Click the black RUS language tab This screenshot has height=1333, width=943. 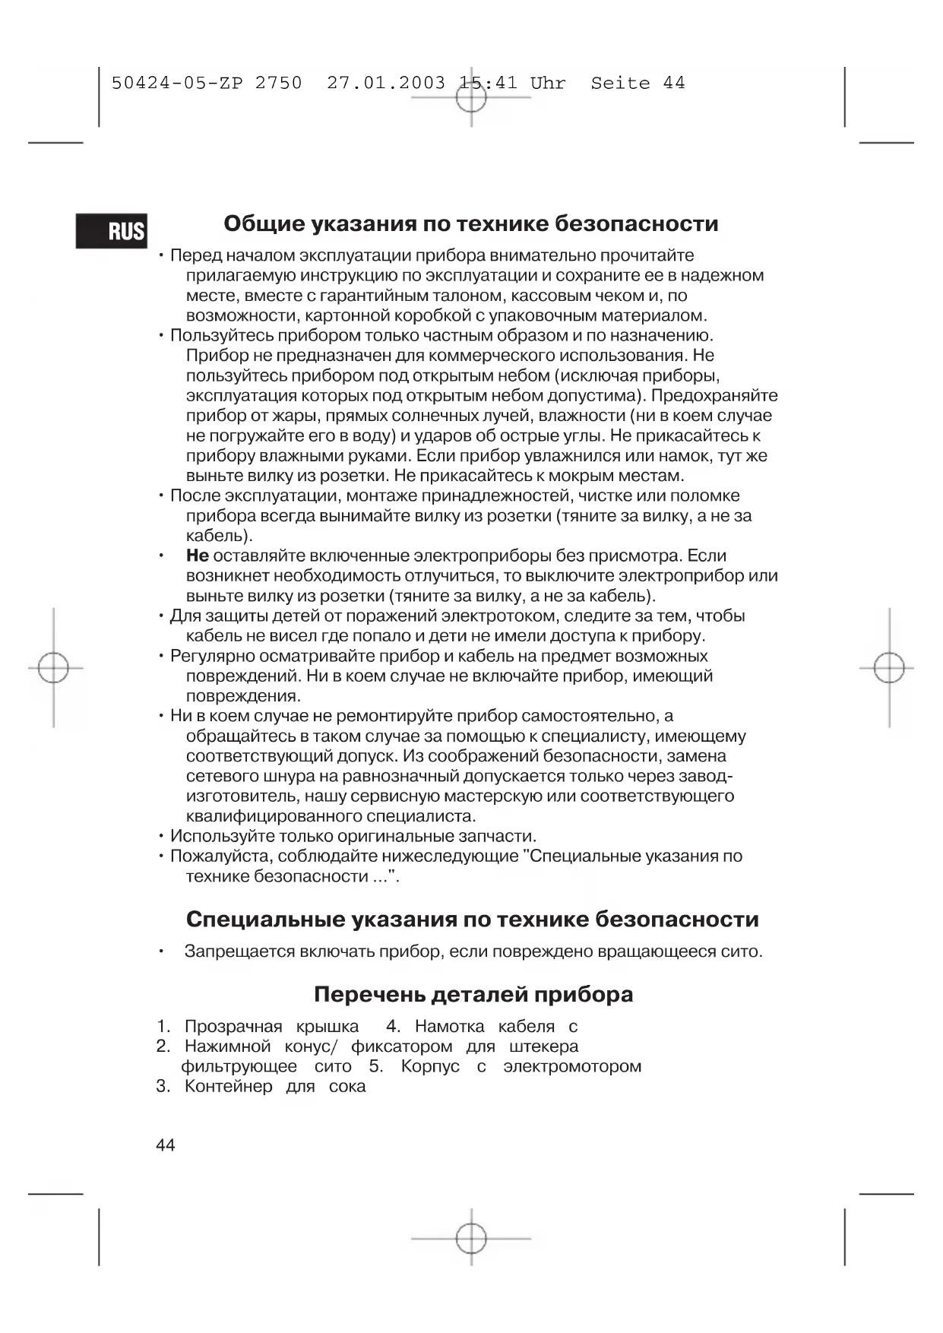coord(112,230)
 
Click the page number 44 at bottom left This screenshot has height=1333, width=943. coord(165,1145)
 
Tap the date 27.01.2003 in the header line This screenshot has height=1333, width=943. coord(386,83)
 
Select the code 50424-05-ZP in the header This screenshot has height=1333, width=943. coord(177,83)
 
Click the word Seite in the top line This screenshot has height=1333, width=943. coord(620,83)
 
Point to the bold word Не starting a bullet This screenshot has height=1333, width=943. coord(197,556)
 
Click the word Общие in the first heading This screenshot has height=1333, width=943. coord(261,224)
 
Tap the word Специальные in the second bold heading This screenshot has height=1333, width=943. coord(265,920)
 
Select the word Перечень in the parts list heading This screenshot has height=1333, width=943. coord(369,995)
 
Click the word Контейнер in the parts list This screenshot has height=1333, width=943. coord(228,1086)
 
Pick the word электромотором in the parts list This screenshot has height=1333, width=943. coord(572,1066)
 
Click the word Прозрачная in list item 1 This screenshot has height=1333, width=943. coord(233,1027)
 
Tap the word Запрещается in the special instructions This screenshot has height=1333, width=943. coord(239,951)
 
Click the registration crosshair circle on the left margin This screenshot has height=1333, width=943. coord(53,669)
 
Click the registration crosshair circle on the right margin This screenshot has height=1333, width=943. coord(888,669)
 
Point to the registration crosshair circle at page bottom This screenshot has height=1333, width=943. coord(471,1239)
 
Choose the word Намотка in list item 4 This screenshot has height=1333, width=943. coord(450,1027)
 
